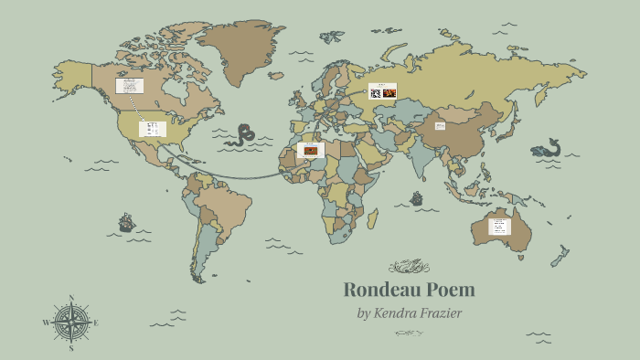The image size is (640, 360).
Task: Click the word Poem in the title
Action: pyautogui.click(x=448, y=291)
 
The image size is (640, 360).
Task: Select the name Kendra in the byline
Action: pyautogui.click(x=402, y=313)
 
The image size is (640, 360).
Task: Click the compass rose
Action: pyautogui.click(x=70, y=323)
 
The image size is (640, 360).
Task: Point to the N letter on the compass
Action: pyautogui.click(x=70, y=298)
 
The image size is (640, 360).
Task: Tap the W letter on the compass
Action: pyautogui.click(x=45, y=323)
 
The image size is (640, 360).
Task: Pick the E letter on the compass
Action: pyautogui.click(x=96, y=323)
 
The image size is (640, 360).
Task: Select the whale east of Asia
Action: pyautogui.click(x=547, y=149)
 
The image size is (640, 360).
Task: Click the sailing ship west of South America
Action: pyautogui.click(x=126, y=222)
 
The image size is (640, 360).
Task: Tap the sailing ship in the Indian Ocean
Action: pyautogui.click(x=417, y=198)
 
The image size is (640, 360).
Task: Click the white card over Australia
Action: pyautogui.click(x=499, y=226)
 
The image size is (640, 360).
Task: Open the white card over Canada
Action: pyautogui.click(x=129, y=86)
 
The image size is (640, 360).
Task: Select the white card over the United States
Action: pyautogui.click(x=152, y=129)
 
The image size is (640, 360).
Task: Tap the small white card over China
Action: pyautogui.click(x=440, y=126)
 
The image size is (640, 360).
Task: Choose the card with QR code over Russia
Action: pyautogui.click(x=382, y=91)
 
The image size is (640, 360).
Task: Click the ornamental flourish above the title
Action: pyautogui.click(x=408, y=267)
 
